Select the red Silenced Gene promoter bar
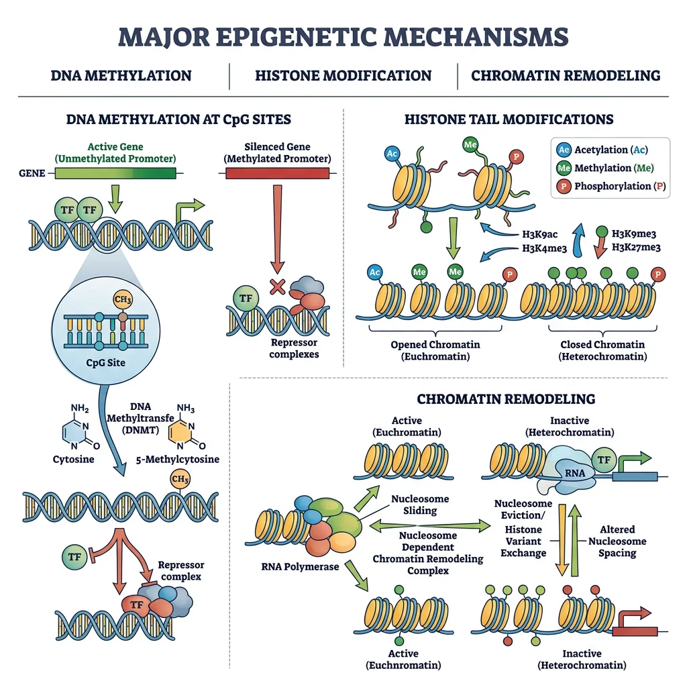[277, 173]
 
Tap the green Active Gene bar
[115, 173]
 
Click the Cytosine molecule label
[74, 460]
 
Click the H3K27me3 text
[633, 248]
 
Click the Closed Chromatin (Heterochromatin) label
[602, 350]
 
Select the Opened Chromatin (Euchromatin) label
[435, 350]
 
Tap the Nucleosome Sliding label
[420, 505]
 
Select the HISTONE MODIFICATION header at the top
[343, 75]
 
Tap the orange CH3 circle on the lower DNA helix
[180, 480]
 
